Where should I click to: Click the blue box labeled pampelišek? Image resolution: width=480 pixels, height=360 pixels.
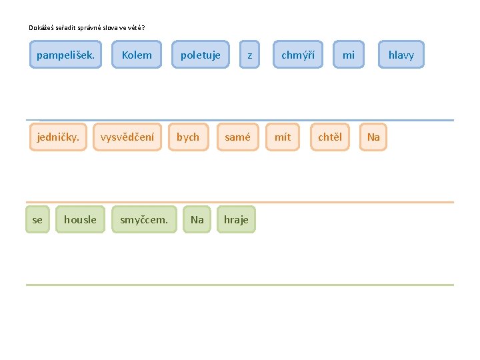tap(65, 55)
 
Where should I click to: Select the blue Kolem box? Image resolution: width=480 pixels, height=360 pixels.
tap(137, 55)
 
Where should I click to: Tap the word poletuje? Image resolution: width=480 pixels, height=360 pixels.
tap(201, 55)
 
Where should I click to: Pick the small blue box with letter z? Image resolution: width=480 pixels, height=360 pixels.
tap(250, 55)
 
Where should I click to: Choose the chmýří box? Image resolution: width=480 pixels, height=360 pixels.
tap(298, 55)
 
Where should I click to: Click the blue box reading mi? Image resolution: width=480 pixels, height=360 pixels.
tap(349, 55)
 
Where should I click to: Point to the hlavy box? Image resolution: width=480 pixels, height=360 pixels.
tap(401, 55)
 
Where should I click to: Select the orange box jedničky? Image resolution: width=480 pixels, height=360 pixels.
tap(58, 137)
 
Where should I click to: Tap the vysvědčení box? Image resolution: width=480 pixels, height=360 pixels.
tap(127, 137)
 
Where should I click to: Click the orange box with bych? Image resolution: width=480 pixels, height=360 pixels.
tap(188, 137)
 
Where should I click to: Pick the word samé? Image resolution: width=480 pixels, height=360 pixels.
tap(237, 137)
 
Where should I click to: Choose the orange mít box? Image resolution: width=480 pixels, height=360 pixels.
tap(283, 137)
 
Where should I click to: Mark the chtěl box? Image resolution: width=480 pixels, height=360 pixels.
tap(329, 137)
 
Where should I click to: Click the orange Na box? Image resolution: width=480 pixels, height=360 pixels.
tap(373, 137)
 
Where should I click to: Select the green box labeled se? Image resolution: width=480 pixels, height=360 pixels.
tap(37, 219)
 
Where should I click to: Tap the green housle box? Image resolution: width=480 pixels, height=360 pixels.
tap(80, 219)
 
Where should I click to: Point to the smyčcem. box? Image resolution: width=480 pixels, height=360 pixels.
tap(144, 219)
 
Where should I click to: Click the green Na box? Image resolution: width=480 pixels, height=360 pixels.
tap(197, 219)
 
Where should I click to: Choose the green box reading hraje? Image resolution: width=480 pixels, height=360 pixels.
tap(236, 219)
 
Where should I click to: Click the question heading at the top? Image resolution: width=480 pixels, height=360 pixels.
tap(87, 27)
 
